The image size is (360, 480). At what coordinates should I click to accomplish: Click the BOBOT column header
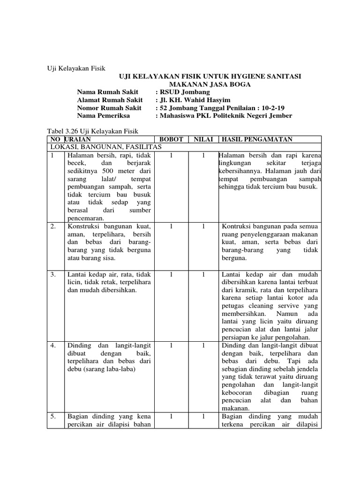point(172,139)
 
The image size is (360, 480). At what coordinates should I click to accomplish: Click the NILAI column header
point(203,139)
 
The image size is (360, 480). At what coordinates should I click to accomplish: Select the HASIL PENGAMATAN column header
point(257,139)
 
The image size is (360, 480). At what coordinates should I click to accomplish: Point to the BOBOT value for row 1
point(172,155)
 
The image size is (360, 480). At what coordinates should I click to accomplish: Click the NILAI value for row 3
point(203,274)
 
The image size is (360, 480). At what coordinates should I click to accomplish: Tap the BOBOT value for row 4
point(172,345)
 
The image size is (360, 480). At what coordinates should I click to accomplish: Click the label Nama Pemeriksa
point(103,116)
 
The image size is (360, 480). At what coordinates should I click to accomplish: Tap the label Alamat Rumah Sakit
point(109,100)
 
